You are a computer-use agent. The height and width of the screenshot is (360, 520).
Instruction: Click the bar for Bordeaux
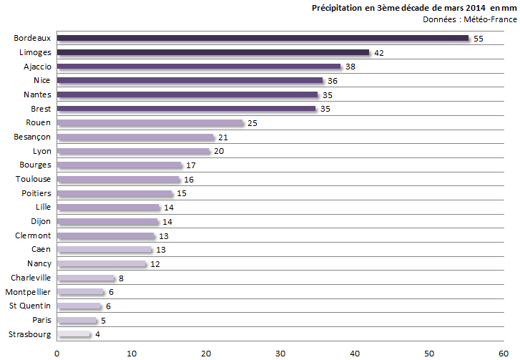263,38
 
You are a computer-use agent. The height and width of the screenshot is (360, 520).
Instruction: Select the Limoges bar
213,52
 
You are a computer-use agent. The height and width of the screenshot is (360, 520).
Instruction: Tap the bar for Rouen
150,123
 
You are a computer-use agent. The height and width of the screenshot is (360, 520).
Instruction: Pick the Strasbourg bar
74,334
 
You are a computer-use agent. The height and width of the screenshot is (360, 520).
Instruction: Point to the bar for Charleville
86,278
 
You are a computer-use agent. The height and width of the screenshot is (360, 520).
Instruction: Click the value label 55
479,39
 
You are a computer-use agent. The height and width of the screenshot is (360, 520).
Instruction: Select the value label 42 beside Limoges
379,53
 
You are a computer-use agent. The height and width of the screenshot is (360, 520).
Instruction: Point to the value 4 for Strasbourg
98,334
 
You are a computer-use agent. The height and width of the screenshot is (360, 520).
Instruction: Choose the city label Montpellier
28,292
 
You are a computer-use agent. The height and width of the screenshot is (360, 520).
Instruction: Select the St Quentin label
30,306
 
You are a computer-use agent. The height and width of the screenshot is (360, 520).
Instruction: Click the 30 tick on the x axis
280,352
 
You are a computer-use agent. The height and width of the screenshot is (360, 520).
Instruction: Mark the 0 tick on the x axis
57,352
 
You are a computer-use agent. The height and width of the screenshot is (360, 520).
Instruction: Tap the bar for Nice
190,81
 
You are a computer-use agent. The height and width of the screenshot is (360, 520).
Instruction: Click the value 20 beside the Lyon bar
218,152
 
